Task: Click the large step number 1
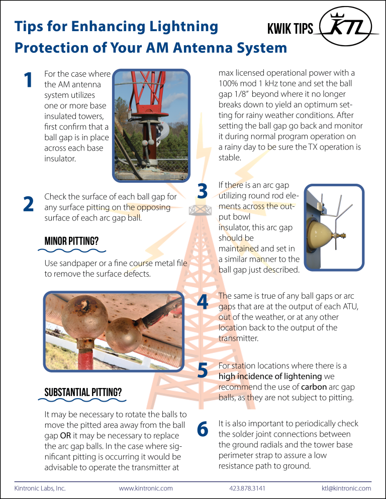point(29,80)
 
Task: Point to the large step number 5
point(203,371)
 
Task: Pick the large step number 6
point(203,430)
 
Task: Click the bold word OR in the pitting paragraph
point(58,435)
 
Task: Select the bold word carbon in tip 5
point(315,387)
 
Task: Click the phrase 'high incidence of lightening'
point(270,376)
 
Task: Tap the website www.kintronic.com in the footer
point(146,487)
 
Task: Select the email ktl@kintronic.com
point(346,487)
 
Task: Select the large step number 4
point(203,303)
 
